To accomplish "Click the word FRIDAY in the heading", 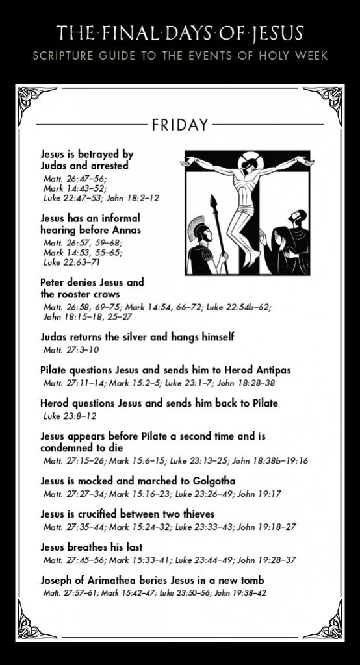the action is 180,124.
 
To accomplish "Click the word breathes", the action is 88,547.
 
